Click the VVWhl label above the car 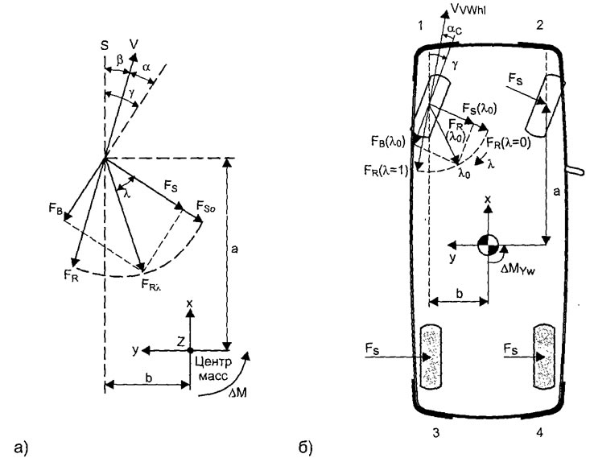462,12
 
